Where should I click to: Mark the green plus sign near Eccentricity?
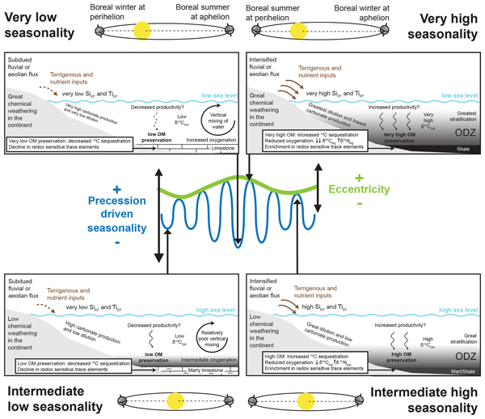(x=360, y=176)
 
